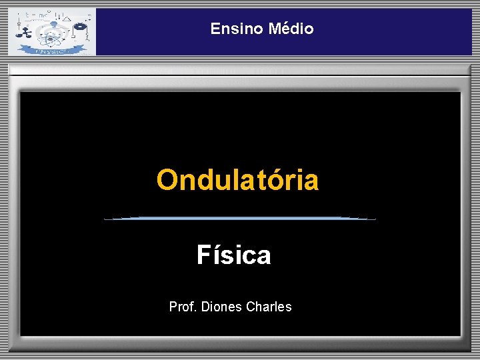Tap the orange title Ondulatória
[x=237, y=180]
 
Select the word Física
[x=233, y=255]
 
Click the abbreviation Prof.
[x=183, y=307]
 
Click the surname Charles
[x=269, y=307]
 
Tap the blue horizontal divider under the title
[x=240, y=218]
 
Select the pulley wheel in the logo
[x=81, y=28]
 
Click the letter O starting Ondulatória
[x=167, y=180]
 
